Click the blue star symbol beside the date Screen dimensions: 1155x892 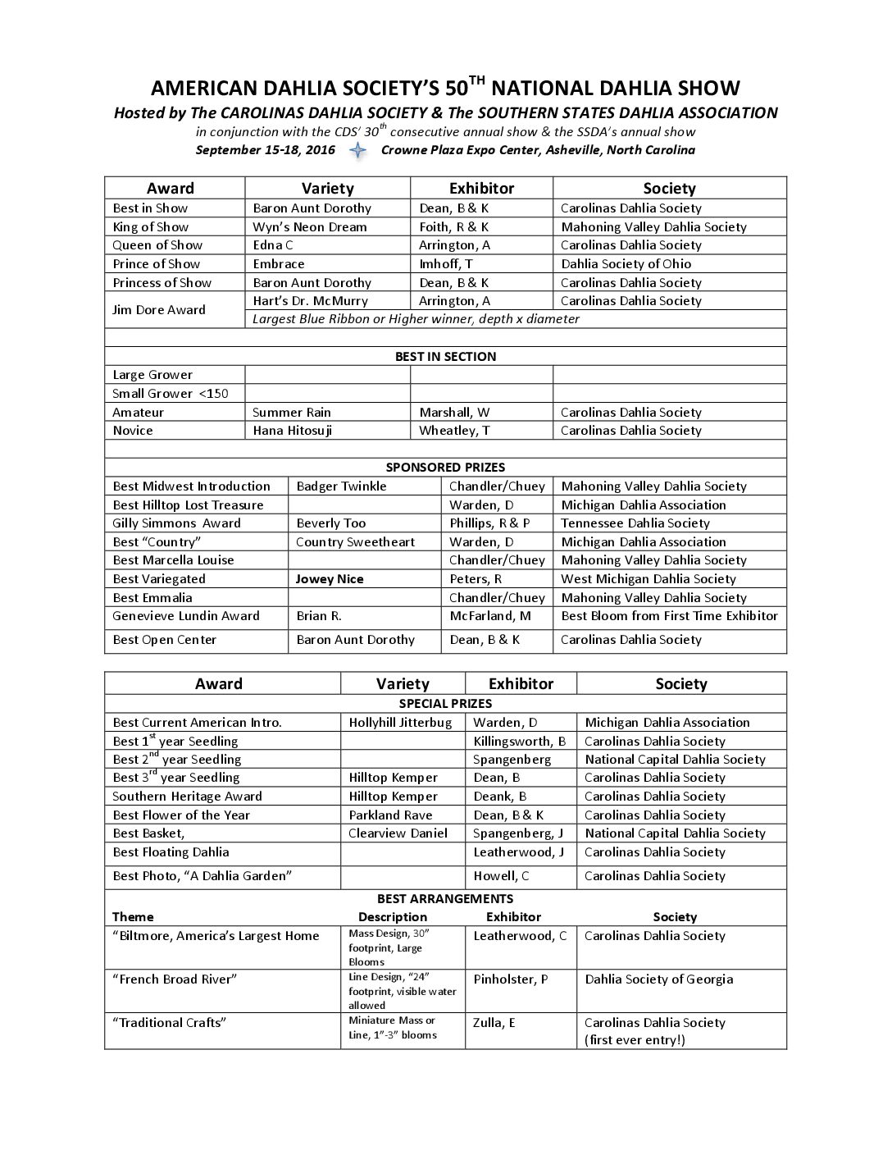click(357, 150)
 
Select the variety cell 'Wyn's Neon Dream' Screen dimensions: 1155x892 click(310, 227)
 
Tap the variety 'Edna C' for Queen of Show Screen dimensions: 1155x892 click(273, 245)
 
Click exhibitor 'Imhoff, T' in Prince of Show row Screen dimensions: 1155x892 click(446, 264)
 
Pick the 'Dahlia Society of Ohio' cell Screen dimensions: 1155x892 click(626, 264)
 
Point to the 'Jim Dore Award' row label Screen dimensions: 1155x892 click(159, 310)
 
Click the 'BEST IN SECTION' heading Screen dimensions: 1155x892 click(445, 357)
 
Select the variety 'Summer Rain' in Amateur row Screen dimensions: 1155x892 click(292, 413)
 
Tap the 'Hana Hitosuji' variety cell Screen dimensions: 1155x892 click(293, 431)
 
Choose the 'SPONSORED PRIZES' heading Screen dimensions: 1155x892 click(445, 468)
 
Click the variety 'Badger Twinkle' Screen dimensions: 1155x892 click(341, 486)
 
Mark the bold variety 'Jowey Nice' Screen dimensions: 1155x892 click(330, 579)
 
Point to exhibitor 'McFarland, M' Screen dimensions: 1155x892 click(490, 616)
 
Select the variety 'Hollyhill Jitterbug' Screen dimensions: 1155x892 click(400, 723)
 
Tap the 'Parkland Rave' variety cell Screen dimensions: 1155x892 click(390, 815)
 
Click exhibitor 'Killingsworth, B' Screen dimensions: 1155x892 click(520, 742)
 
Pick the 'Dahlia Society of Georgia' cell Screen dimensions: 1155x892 click(659, 979)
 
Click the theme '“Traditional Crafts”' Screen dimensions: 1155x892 click(169, 1023)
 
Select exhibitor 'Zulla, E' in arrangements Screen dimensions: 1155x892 click(494, 1023)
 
